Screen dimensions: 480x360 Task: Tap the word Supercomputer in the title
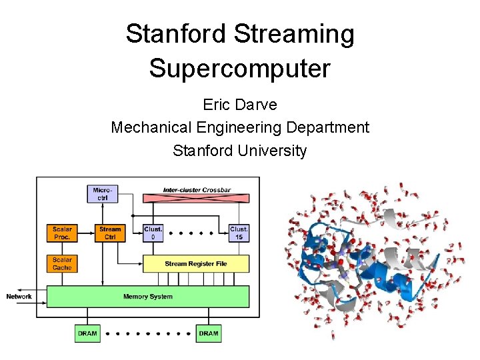240,68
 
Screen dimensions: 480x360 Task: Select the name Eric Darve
240,105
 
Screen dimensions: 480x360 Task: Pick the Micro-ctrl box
102,193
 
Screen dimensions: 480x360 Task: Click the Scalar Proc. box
62,233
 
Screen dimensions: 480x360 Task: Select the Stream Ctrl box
110,233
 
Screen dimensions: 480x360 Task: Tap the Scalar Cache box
62,263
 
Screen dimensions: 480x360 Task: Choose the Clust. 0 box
153,233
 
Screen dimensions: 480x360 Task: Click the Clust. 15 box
239,233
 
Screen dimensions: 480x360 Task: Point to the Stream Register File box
196,263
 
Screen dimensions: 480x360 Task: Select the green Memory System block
147,297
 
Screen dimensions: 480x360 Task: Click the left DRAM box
87,333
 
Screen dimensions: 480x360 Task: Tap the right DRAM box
209,333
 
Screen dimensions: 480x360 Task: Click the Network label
19,297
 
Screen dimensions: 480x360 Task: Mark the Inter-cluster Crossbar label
197,190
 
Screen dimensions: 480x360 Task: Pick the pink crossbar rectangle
197,199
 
